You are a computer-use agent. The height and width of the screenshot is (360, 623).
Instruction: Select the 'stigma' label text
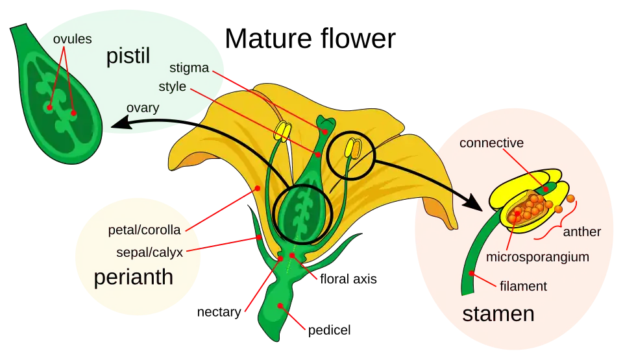(188, 67)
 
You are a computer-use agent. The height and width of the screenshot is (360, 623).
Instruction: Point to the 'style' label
(173, 86)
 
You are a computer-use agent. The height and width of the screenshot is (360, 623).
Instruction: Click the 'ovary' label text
(143, 108)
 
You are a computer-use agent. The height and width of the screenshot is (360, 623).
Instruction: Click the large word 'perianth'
(134, 278)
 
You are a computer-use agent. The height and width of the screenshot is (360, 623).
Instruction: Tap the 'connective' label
(491, 143)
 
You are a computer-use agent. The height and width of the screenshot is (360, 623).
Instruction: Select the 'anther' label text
(582, 232)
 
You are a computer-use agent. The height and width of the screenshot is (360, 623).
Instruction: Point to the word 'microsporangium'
(537, 257)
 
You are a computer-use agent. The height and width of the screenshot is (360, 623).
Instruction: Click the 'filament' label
(524, 285)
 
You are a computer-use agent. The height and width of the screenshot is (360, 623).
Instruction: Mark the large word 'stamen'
(498, 315)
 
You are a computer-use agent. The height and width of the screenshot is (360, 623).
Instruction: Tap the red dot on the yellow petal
(258, 188)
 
